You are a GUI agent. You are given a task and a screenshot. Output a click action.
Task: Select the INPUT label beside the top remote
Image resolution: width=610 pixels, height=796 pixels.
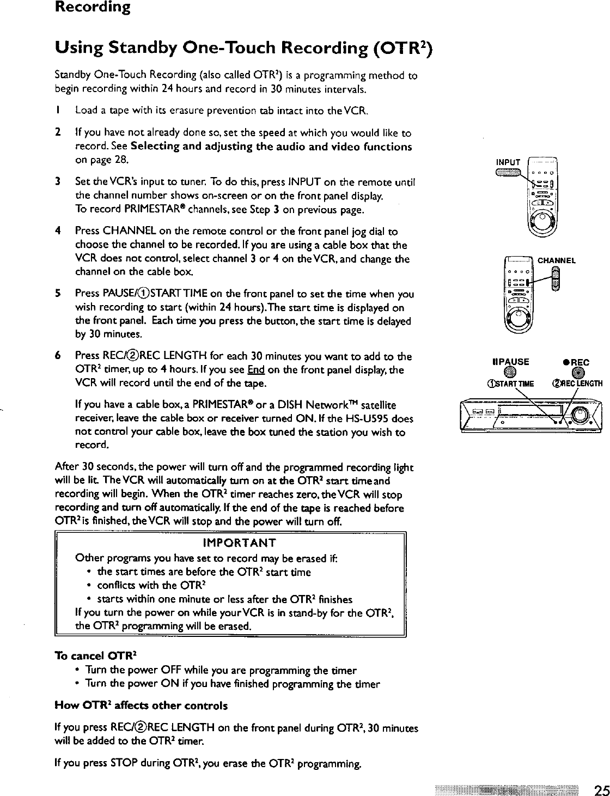(508, 162)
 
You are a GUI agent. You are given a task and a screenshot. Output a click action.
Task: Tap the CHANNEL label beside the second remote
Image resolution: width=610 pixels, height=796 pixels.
(557, 260)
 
